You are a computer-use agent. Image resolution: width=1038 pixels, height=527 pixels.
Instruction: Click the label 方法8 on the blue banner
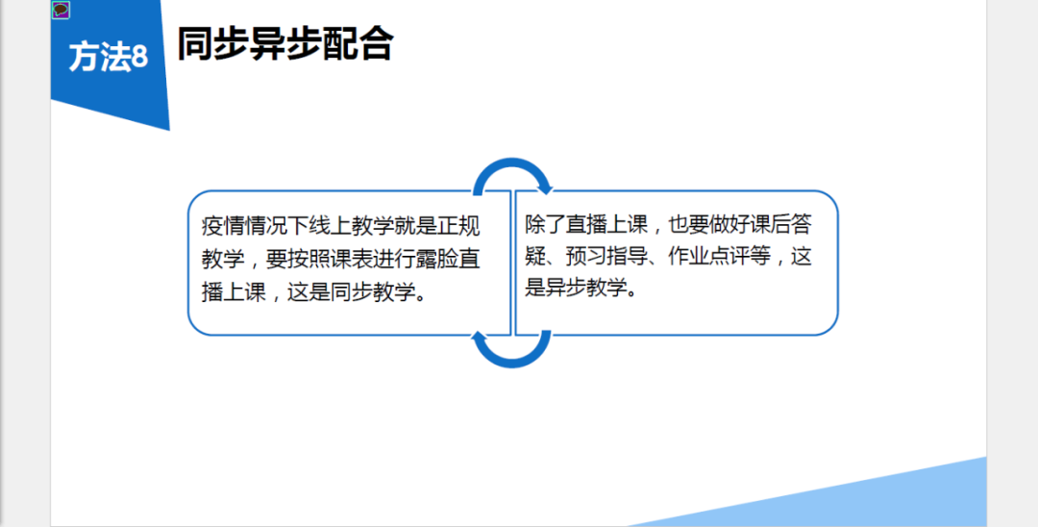108,57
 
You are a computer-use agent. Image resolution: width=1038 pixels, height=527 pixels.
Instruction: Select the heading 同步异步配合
285,43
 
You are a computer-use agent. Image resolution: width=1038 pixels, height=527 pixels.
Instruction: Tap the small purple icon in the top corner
61,10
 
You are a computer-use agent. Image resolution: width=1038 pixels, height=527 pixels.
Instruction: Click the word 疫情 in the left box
223,226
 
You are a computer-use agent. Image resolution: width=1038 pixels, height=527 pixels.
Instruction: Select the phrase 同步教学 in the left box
372,292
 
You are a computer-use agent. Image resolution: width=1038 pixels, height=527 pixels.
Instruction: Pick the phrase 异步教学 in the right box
589,288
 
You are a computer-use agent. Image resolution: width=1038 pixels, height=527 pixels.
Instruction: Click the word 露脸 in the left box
437,259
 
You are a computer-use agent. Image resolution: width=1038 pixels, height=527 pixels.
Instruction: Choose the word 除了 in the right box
547,224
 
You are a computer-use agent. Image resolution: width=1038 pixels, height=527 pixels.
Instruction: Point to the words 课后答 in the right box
779,224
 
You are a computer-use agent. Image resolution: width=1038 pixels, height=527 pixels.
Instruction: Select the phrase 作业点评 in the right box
711,256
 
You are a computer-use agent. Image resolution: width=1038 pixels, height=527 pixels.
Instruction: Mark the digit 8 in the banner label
139,58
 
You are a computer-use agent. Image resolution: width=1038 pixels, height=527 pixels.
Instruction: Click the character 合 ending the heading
376,43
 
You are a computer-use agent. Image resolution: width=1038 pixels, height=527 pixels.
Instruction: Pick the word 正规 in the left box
458,226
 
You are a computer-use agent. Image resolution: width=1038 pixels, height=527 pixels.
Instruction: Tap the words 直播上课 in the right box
610,224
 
